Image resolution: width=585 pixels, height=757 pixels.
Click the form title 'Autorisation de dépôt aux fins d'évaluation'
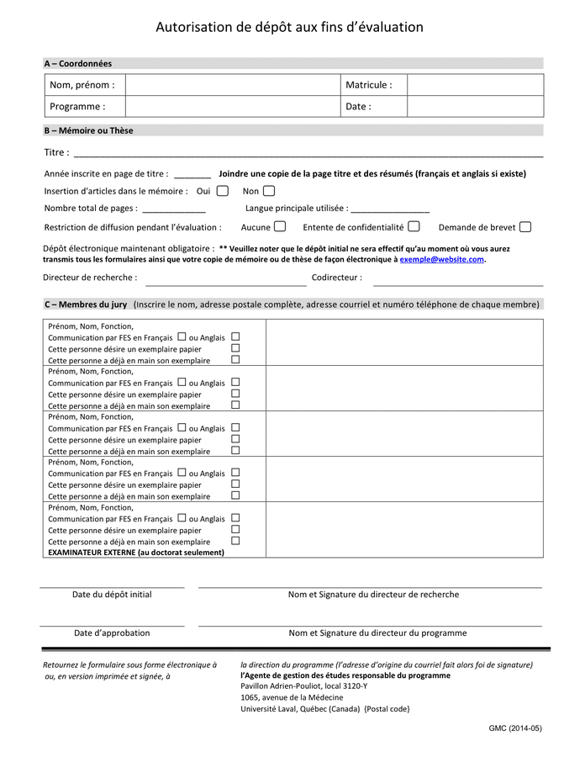click(x=289, y=28)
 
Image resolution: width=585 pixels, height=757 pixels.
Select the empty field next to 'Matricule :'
click(x=475, y=85)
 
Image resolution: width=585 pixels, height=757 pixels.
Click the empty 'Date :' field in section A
click(x=475, y=107)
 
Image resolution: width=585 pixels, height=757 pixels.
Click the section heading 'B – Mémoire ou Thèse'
click(x=88, y=130)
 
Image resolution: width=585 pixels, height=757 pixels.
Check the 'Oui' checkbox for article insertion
click(x=222, y=191)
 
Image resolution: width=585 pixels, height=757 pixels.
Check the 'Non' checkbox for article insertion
click(x=269, y=191)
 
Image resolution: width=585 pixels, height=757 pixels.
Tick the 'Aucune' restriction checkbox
click(x=280, y=226)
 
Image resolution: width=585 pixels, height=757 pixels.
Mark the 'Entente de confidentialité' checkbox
click(x=414, y=226)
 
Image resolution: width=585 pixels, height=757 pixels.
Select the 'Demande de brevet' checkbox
click(x=525, y=226)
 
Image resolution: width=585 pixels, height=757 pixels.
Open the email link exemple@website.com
click(x=441, y=260)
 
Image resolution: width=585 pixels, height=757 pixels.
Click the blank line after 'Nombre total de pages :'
click(x=174, y=209)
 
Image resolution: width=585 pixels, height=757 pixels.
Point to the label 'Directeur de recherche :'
click(x=90, y=278)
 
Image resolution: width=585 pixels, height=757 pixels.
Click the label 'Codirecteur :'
click(x=337, y=278)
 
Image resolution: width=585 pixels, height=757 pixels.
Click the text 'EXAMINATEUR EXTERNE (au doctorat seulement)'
click(x=136, y=553)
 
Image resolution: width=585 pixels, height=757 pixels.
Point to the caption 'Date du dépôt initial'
click(x=112, y=595)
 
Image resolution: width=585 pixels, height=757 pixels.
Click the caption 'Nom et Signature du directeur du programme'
click(x=377, y=633)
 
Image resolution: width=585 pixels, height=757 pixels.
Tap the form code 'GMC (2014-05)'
click(x=515, y=728)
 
